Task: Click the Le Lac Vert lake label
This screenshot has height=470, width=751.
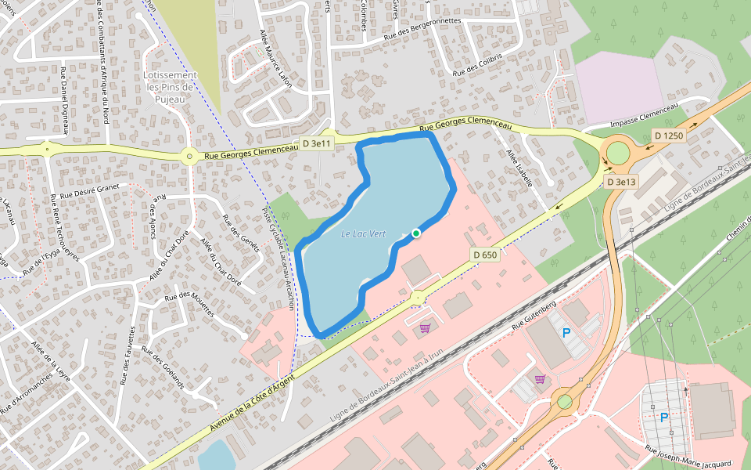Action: pos(364,233)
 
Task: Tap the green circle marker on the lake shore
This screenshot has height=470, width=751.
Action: pos(416,233)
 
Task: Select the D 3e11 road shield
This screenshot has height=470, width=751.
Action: pos(318,144)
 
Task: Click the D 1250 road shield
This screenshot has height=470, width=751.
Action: pos(669,136)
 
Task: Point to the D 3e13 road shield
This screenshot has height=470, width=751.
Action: pos(622,182)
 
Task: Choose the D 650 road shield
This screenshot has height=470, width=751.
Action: pos(485,255)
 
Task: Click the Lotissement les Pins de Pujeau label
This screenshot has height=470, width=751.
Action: pos(171,87)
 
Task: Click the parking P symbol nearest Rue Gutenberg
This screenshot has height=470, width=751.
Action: pos(566,333)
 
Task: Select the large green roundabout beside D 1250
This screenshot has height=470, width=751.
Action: pos(618,152)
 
